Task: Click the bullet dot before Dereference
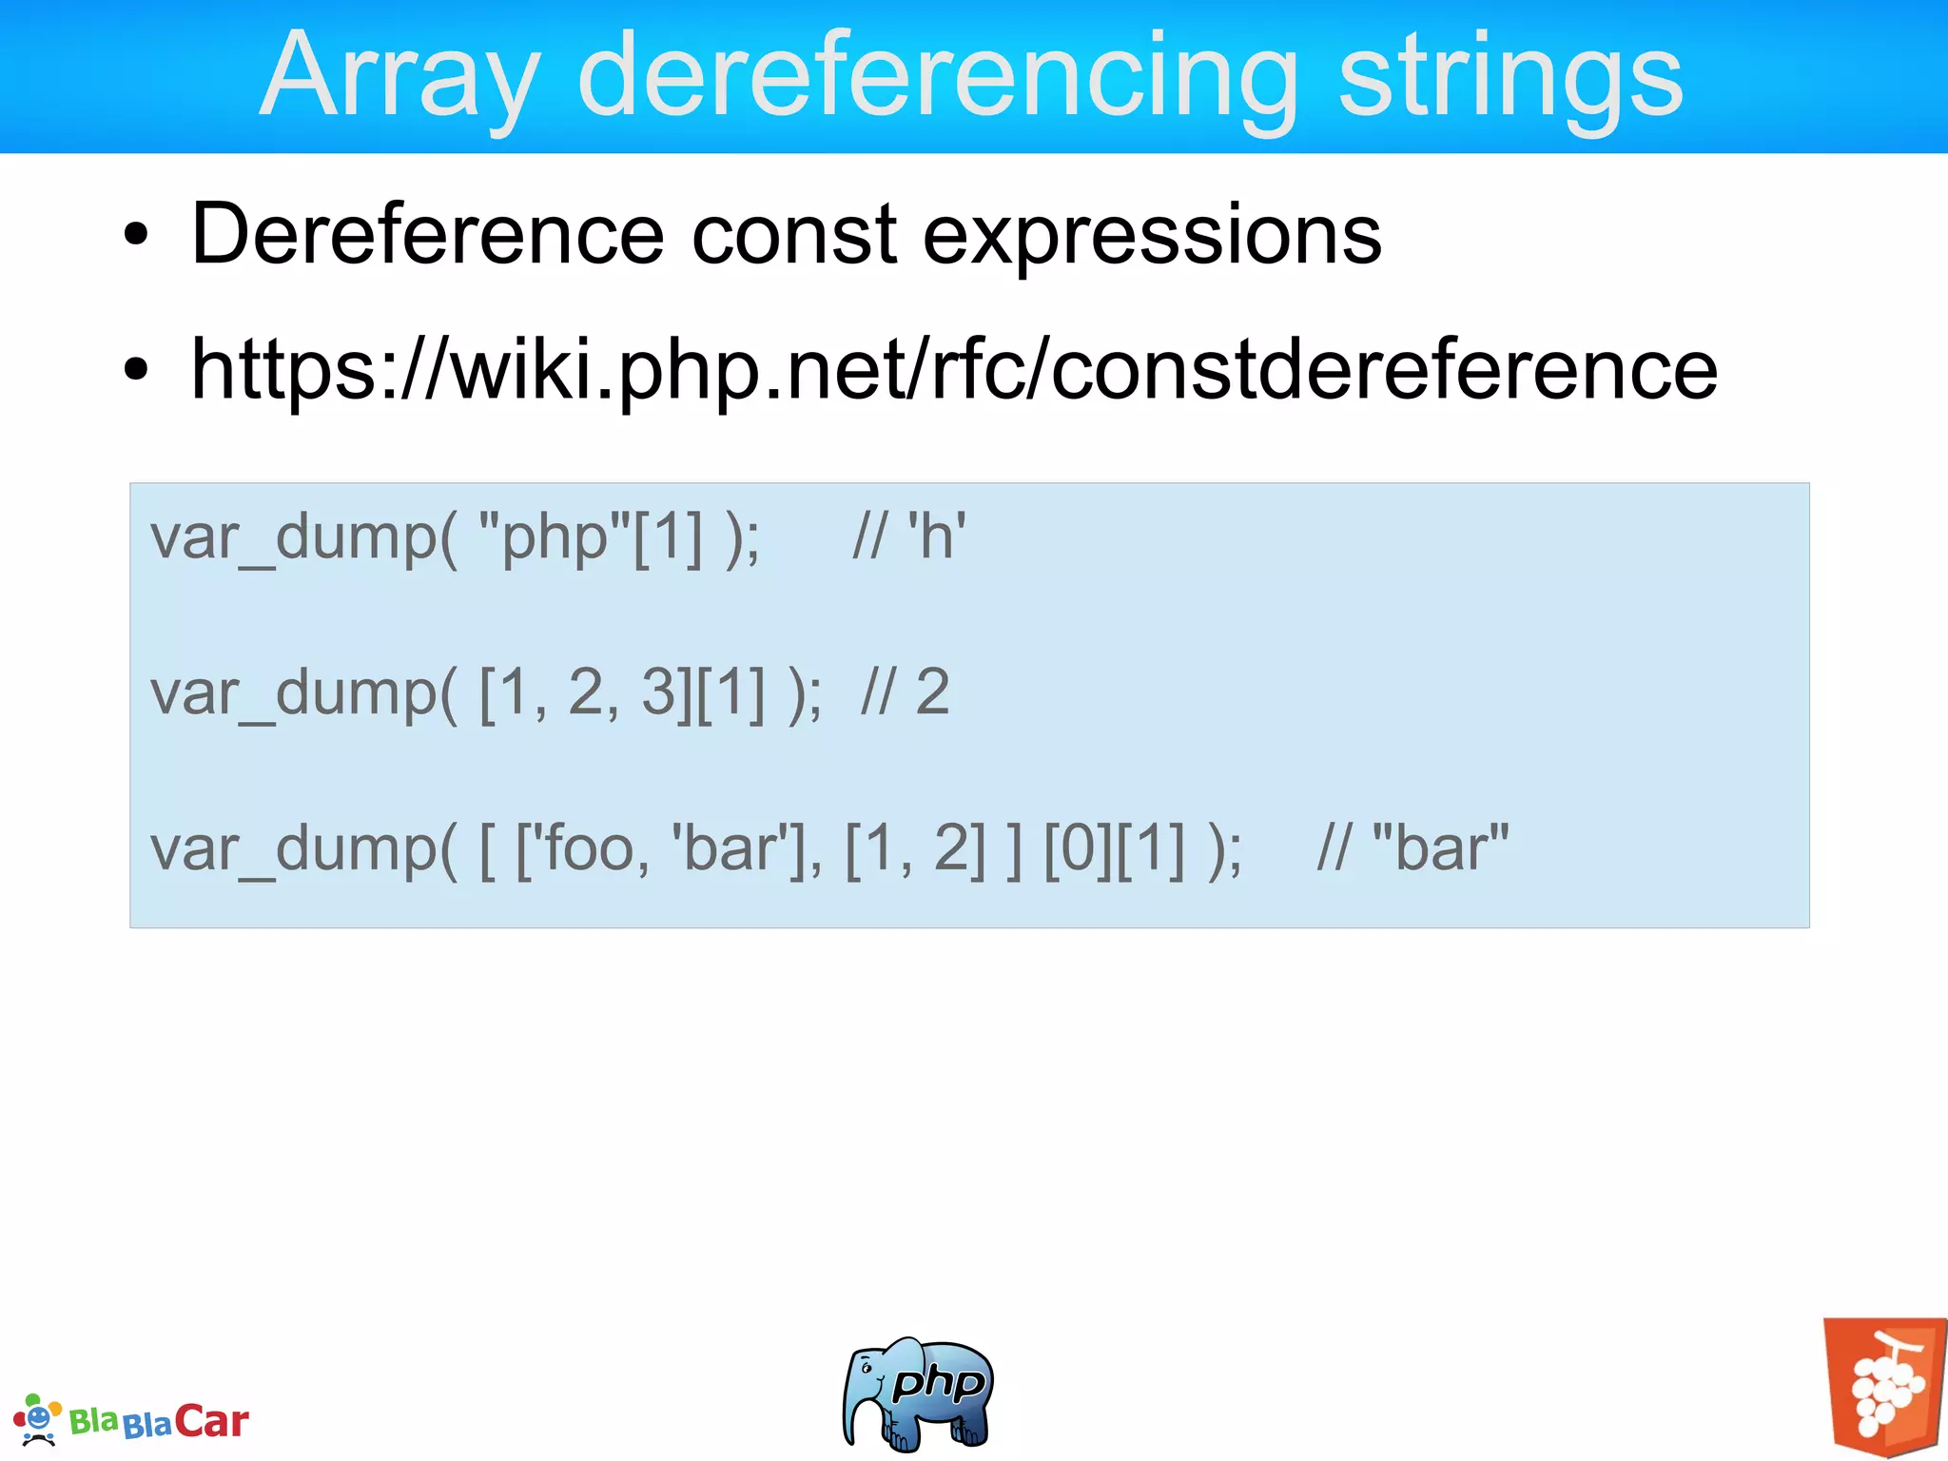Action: coord(136,236)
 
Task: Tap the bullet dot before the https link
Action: coord(136,372)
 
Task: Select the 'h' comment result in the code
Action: coord(936,537)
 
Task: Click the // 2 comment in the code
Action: coord(905,692)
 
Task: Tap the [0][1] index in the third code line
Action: coord(1115,847)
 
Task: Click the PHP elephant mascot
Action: coord(917,1393)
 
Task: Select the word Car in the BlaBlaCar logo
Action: coord(211,1421)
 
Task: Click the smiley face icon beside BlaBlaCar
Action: coord(38,1419)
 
